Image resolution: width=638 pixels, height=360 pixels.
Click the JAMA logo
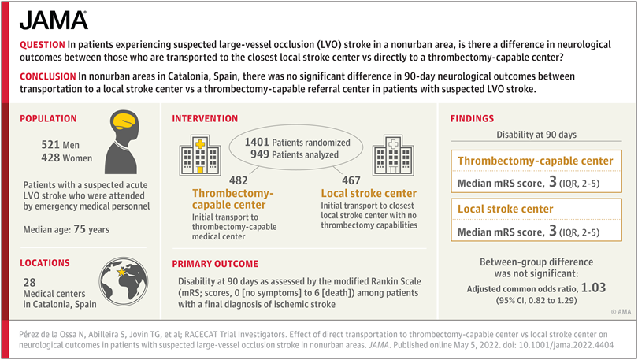pos(54,20)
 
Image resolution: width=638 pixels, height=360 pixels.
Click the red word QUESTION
pos(43,45)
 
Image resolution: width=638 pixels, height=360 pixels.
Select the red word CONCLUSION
pos(47,76)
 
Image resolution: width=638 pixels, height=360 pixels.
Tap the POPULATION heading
pos(48,118)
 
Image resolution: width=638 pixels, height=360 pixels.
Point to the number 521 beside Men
pos(50,145)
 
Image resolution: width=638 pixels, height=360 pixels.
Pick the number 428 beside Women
pos(50,158)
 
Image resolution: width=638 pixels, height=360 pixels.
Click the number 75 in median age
pos(80,229)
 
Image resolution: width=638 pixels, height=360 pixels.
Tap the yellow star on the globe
pos(121,271)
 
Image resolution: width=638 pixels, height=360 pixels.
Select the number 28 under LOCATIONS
pos(30,282)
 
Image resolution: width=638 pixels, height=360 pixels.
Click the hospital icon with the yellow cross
pos(200,155)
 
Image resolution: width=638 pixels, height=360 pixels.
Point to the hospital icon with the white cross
pos(393,155)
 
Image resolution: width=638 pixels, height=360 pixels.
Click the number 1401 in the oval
pos(257,143)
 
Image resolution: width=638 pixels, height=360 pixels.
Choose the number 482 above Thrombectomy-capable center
pos(239,180)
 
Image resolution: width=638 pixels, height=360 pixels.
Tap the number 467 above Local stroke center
pos(351,180)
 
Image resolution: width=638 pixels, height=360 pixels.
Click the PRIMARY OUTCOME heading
pos(215,264)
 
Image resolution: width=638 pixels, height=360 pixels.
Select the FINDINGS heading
pos(472,118)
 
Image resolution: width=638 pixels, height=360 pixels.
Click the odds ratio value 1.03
pos(594,288)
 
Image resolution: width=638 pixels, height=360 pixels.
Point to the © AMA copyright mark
pos(621,312)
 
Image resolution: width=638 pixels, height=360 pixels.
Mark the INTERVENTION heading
pos(205,118)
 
